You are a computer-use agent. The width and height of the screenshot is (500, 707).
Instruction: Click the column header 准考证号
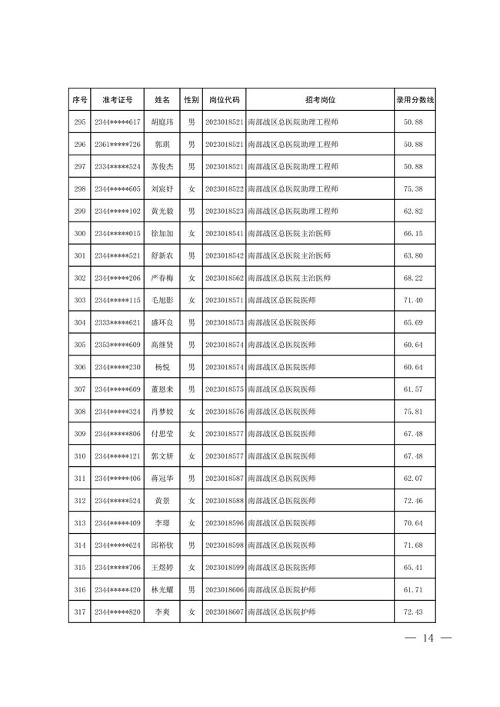pos(117,100)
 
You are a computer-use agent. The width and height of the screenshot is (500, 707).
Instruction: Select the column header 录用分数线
pos(415,100)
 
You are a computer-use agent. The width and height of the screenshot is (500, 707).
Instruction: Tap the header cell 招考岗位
pos(319,100)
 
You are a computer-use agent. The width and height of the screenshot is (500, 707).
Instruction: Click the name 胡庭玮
pos(162,122)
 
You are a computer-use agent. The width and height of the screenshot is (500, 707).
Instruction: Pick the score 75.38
pos(414,189)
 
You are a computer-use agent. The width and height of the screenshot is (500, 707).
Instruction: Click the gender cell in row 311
pos(192,479)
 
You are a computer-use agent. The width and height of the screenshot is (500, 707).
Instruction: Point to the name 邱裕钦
pos(162,545)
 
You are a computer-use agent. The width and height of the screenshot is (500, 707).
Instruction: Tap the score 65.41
pos(414,568)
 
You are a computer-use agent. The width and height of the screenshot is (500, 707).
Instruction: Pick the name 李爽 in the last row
pos(162,612)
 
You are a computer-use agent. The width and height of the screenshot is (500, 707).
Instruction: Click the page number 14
pos(428,638)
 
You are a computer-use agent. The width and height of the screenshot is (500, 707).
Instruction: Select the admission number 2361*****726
pos(117,145)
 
